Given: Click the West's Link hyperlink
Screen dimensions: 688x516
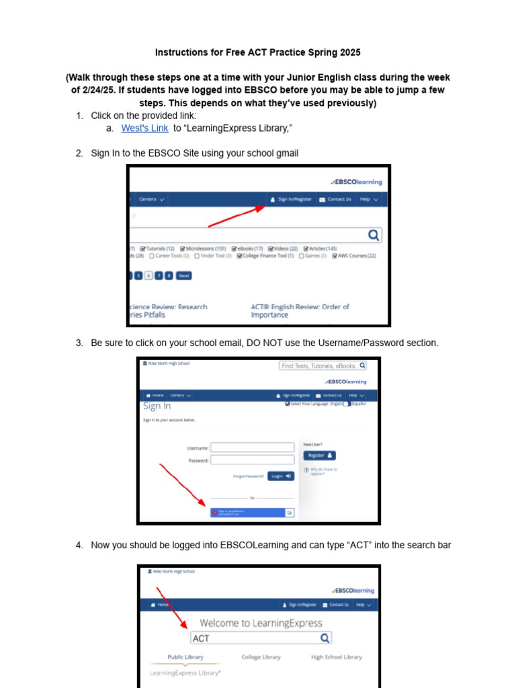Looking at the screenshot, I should point(144,128).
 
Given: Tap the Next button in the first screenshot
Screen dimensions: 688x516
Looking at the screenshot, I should point(183,275).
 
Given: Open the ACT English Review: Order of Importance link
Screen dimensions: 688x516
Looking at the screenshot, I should point(300,310).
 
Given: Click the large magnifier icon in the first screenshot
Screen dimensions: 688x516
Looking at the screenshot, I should point(374,235).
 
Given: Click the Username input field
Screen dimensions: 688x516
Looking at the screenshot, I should point(252,447).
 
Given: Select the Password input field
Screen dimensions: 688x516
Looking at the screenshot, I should point(252,460).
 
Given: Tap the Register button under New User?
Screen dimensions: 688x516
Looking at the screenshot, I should point(320,456).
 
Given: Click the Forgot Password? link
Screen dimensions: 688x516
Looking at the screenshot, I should point(249,476).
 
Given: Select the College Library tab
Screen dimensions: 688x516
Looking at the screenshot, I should point(261,657).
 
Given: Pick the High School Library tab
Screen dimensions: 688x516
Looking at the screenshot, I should point(337,657).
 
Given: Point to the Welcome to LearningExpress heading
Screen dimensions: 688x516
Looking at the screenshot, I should point(261,623).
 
